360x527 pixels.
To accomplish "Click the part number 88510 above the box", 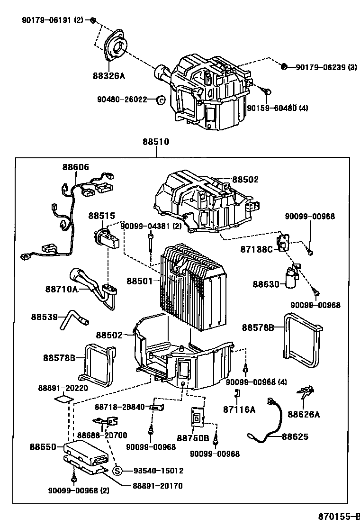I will pos(156,141).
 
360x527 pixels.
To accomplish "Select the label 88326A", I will pos(109,75).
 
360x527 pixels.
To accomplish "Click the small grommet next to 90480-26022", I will pos(161,100).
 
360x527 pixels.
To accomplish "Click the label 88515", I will pos(101,216).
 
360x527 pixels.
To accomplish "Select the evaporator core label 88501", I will pos(140,281).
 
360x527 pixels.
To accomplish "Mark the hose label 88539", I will pos(45,316).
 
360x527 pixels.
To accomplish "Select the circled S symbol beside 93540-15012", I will pos(118,471).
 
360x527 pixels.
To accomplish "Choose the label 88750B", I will pos(193,438).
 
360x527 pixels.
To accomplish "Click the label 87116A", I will pos(239,409).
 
